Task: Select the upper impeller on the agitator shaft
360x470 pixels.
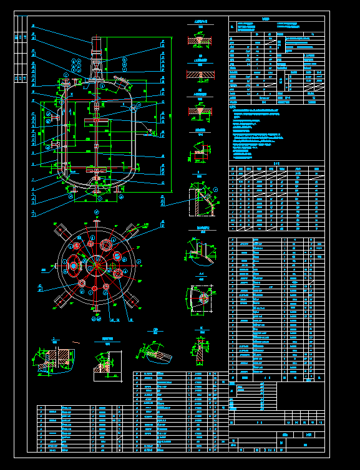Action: point(97,118)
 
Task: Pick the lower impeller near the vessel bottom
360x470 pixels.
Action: point(97,170)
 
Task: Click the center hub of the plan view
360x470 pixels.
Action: point(97,264)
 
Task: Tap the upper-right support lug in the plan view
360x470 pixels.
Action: point(133,231)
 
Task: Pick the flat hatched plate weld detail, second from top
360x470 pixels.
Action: point(200,74)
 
